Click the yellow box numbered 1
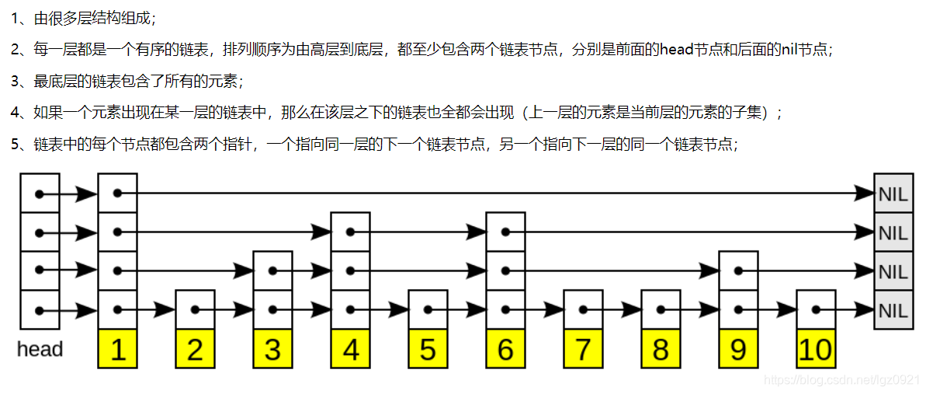117,349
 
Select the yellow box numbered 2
195,349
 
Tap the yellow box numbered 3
272,349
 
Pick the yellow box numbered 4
350,349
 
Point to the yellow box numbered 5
428,349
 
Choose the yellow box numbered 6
505,349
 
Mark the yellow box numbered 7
583,349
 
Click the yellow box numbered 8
661,349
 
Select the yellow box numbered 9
738,349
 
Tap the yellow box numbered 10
816,349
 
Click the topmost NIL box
893,194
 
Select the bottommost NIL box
893,310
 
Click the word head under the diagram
40,350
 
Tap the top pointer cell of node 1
117,193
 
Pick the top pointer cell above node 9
738,270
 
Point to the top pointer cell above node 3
272,270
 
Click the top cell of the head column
40,193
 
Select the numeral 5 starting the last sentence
15,145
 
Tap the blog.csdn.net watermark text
841,380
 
